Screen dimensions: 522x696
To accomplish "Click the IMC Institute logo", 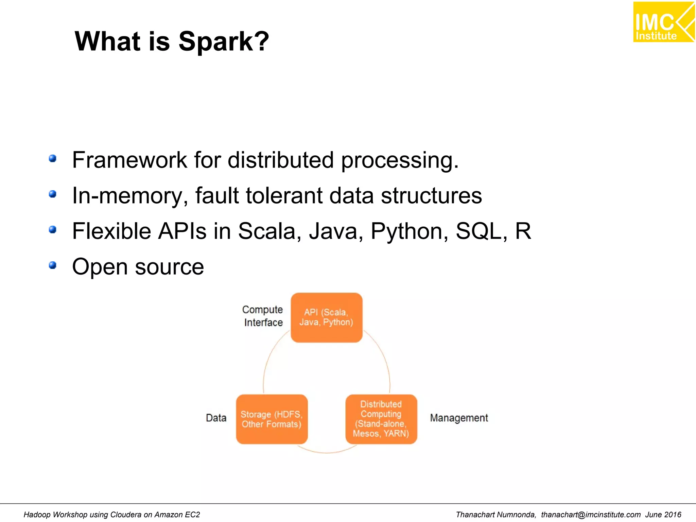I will click(x=663, y=22).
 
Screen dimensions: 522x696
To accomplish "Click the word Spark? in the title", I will click(x=224, y=42).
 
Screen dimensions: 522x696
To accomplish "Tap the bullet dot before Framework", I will click(x=52, y=158).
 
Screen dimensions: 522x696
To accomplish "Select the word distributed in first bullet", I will click(x=281, y=160).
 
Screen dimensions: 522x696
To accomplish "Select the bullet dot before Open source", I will click(x=52, y=265).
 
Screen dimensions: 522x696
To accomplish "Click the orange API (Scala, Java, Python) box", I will click(x=326, y=317).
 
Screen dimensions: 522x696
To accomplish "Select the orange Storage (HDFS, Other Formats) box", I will click(x=272, y=419).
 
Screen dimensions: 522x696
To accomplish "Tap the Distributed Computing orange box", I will click(x=381, y=419).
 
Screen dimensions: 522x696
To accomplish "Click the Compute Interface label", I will click(x=263, y=316).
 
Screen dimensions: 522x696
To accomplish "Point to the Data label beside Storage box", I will click(x=216, y=418).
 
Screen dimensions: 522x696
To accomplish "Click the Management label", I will click(x=459, y=418).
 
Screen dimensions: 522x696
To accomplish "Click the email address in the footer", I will click(x=591, y=515).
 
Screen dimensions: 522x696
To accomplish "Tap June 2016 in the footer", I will click(x=663, y=515).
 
